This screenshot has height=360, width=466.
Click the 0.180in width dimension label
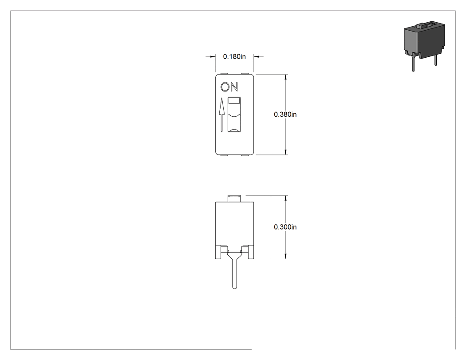tap(234, 56)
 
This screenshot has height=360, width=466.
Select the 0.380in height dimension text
tap(285, 115)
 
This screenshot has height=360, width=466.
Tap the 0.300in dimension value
tap(285, 227)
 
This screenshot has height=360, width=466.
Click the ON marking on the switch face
tap(229, 87)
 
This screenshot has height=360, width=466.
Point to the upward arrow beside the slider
tap(221, 115)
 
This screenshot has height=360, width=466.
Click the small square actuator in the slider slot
tap(234, 101)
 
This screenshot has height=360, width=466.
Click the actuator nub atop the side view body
tap(234, 198)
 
